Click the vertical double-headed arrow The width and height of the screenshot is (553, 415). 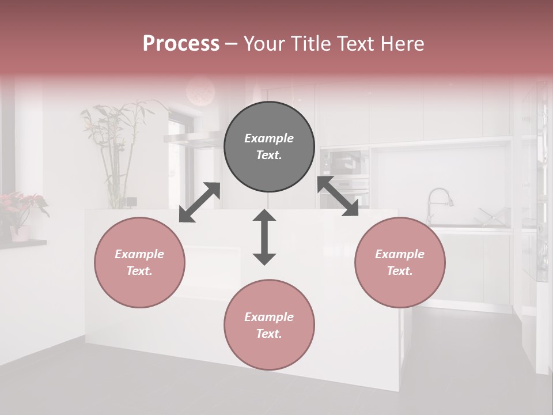264,237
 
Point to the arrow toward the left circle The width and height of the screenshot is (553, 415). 199,202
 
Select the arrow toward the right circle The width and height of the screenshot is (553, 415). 338,197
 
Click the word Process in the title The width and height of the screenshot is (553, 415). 181,43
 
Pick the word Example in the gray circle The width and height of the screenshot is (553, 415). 269,138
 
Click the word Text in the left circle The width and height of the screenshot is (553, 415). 139,271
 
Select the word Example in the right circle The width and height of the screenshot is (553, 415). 400,254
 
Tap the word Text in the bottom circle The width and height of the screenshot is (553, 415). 268,334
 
